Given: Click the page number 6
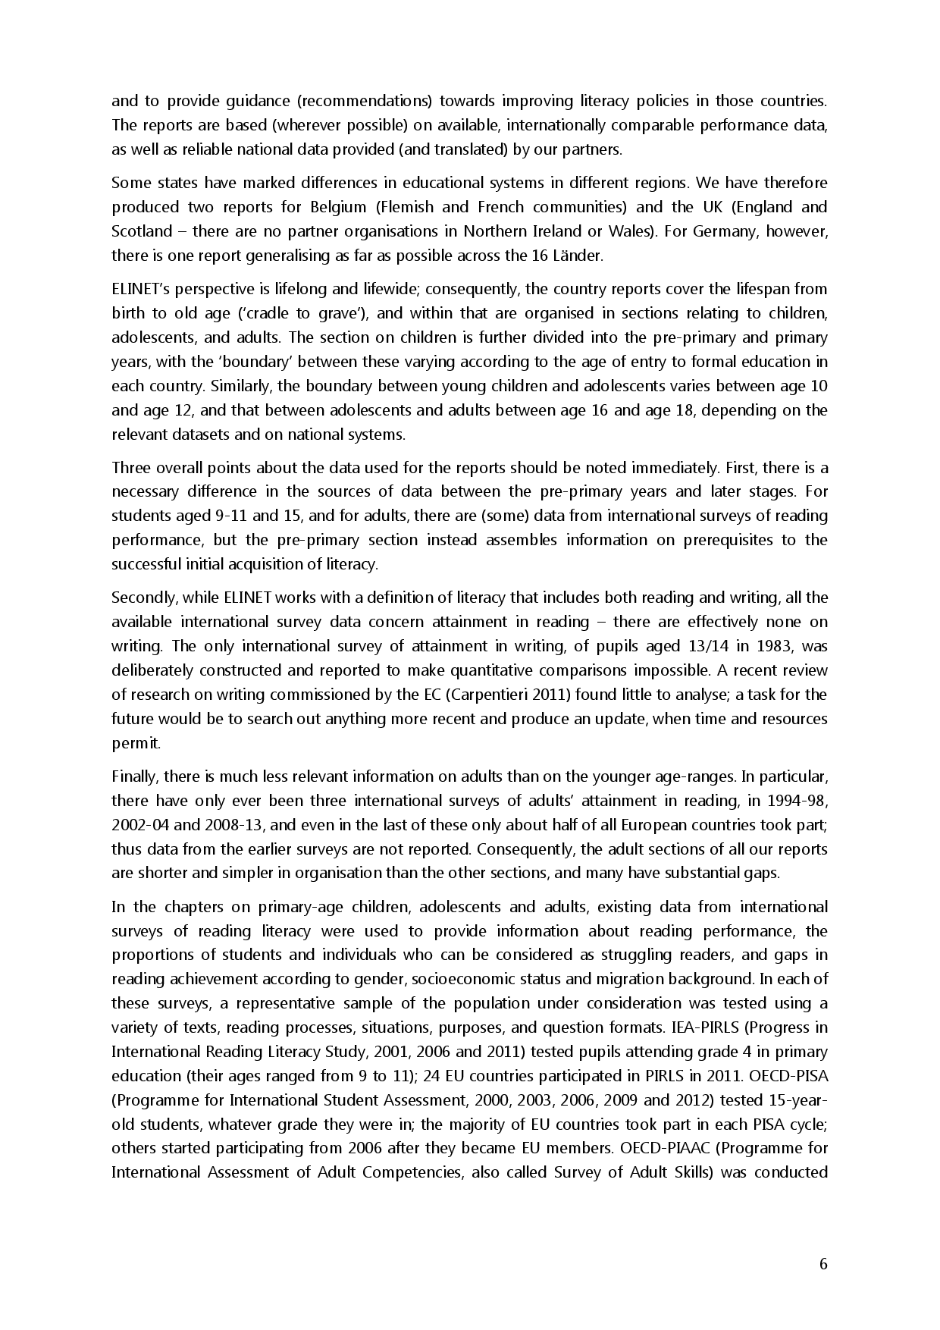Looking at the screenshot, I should (823, 1263).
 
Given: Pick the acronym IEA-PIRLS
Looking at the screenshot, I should (736, 1027).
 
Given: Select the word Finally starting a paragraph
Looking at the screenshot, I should (135, 776).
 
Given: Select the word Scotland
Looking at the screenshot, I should (142, 231).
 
